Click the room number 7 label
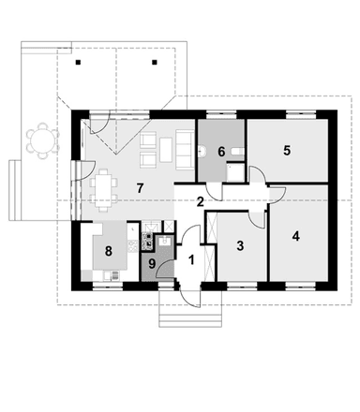139,188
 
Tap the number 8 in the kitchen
109,250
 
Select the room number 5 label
287,150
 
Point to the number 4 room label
296,236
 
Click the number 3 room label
240,246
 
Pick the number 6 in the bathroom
221,152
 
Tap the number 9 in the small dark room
153,264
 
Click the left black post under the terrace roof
80,64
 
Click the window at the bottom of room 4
298,284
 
